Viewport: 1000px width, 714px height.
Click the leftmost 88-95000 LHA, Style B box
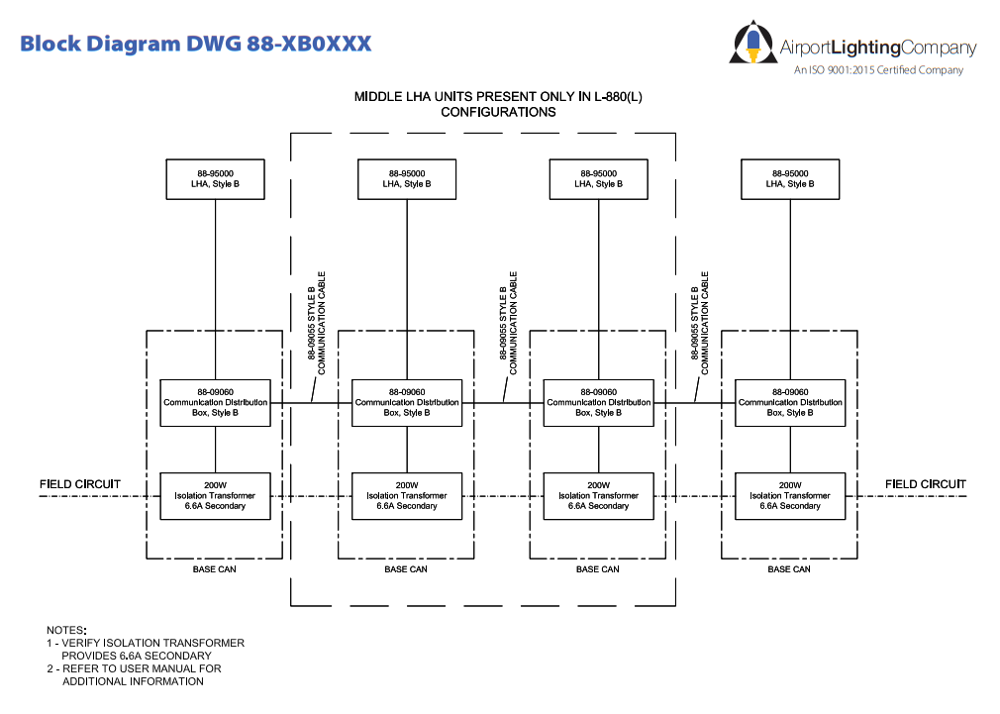215,178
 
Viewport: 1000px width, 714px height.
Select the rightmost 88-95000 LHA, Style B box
790,178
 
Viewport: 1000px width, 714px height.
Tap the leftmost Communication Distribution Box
215,402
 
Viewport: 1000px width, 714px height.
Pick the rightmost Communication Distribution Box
790,402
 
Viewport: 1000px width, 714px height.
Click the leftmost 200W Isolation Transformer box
215,495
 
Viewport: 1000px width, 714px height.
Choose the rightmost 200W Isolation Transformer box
790,495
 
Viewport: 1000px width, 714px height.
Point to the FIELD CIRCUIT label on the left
80,484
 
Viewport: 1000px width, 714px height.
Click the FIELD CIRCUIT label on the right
926,484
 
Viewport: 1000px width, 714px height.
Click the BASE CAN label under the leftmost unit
215,569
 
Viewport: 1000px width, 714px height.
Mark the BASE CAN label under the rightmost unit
789,569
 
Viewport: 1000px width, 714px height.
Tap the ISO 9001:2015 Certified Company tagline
878,70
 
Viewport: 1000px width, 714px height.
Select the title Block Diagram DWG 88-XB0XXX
196,44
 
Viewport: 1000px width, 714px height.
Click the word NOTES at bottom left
66,630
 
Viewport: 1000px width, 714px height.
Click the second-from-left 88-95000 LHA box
407,178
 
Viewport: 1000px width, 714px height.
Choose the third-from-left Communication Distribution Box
598,402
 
